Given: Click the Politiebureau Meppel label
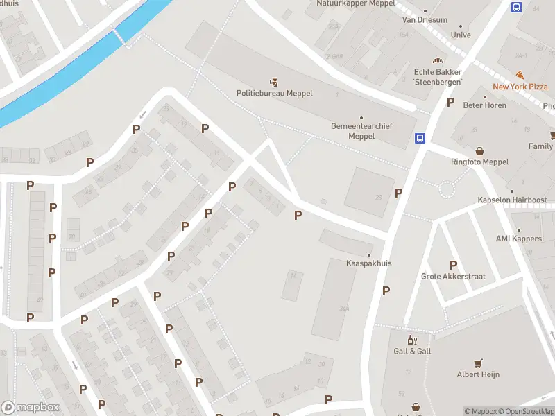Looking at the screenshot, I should (274, 94).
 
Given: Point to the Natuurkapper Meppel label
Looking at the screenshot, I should (355, 3).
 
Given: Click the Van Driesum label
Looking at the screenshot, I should (425, 21).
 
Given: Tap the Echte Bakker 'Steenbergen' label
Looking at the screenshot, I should (438, 76).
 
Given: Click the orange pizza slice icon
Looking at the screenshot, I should (520, 75).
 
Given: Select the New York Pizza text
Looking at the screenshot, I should (520, 87).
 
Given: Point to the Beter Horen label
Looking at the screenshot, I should (486, 105).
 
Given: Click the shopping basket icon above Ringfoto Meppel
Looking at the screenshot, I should (479, 150).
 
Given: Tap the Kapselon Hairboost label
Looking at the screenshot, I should (512, 200).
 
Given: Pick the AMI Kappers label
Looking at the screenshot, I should (518, 239).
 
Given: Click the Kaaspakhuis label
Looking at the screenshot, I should (368, 263).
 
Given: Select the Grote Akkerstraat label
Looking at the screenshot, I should (453, 277).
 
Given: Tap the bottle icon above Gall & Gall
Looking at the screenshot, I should (411, 340).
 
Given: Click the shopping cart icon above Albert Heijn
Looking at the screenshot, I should (477, 363).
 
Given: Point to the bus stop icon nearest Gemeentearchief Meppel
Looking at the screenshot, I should (420, 138).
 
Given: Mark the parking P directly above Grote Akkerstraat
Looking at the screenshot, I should (453, 265).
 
